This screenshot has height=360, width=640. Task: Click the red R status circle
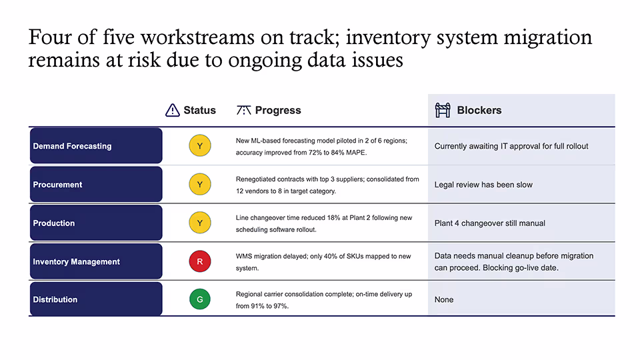200,261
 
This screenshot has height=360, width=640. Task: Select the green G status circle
200,299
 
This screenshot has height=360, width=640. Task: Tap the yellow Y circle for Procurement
200,184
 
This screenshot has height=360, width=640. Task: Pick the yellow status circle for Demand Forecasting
200,146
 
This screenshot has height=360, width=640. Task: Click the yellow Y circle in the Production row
200,223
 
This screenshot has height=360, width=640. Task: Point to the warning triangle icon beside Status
173,110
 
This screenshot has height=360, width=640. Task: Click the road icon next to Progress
244,110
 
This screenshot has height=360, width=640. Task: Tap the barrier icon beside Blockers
443,110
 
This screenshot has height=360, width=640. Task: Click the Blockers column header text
479,110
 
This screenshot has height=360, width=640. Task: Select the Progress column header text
278,110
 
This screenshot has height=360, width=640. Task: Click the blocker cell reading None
444,299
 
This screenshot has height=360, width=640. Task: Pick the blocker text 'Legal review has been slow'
483,185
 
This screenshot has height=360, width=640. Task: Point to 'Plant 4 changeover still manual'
490,223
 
